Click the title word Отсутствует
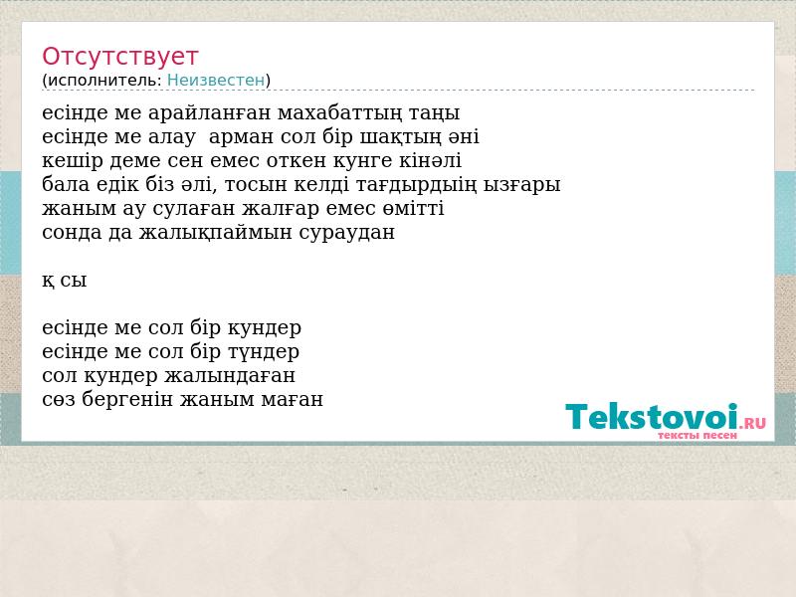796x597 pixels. pyautogui.click(x=119, y=57)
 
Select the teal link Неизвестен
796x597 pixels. pyautogui.click(x=216, y=81)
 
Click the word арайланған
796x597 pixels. pyautogui.click(x=210, y=113)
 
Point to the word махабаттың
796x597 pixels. pyautogui.click(x=340, y=113)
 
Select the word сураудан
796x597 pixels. pyautogui.click(x=346, y=233)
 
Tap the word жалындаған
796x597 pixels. pyautogui.click(x=230, y=376)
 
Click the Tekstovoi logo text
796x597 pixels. pyautogui.click(x=652, y=416)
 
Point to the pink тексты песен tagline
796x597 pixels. pyautogui.click(x=697, y=435)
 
